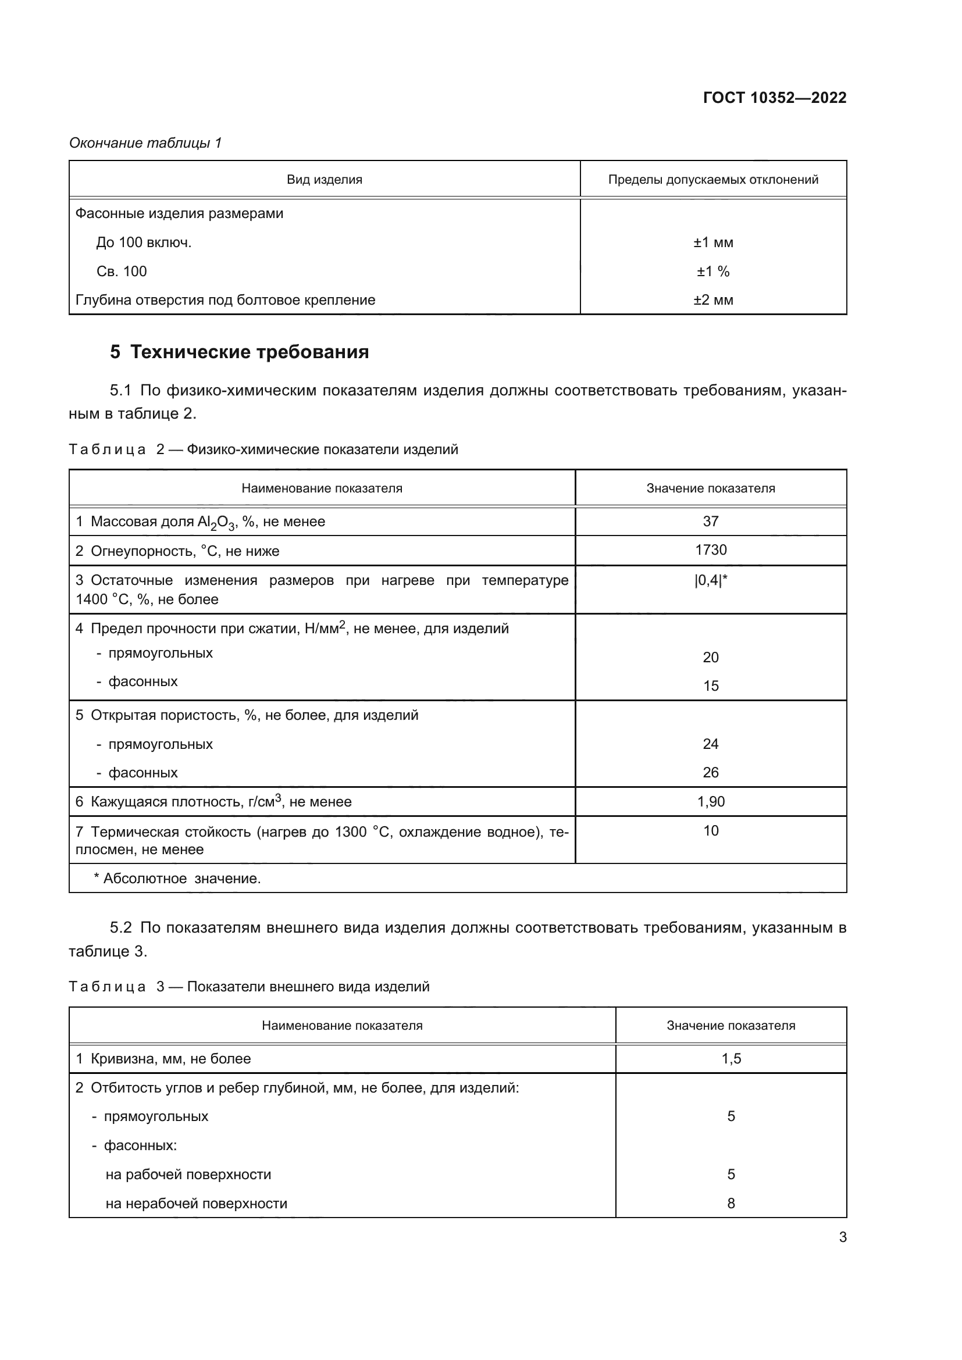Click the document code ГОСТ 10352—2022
tap(774, 98)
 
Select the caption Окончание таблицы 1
tap(145, 143)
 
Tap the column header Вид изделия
tap(324, 180)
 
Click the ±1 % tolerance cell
tap(712, 272)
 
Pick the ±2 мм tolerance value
tap(712, 299)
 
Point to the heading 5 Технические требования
tap(239, 352)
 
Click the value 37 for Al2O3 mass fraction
tap(710, 521)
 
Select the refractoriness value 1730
tap(710, 549)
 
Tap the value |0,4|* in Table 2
tap(710, 580)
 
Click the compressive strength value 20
tap(710, 657)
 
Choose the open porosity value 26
tap(710, 772)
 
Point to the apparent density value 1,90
tap(710, 801)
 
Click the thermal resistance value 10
tap(710, 830)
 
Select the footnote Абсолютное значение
tap(178, 879)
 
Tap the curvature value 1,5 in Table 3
tap(731, 1058)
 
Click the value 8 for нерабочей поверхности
tap(731, 1203)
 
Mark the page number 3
tap(842, 1237)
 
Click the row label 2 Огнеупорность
tap(177, 551)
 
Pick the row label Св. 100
tap(122, 272)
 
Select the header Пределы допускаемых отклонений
tap(712, 180)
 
